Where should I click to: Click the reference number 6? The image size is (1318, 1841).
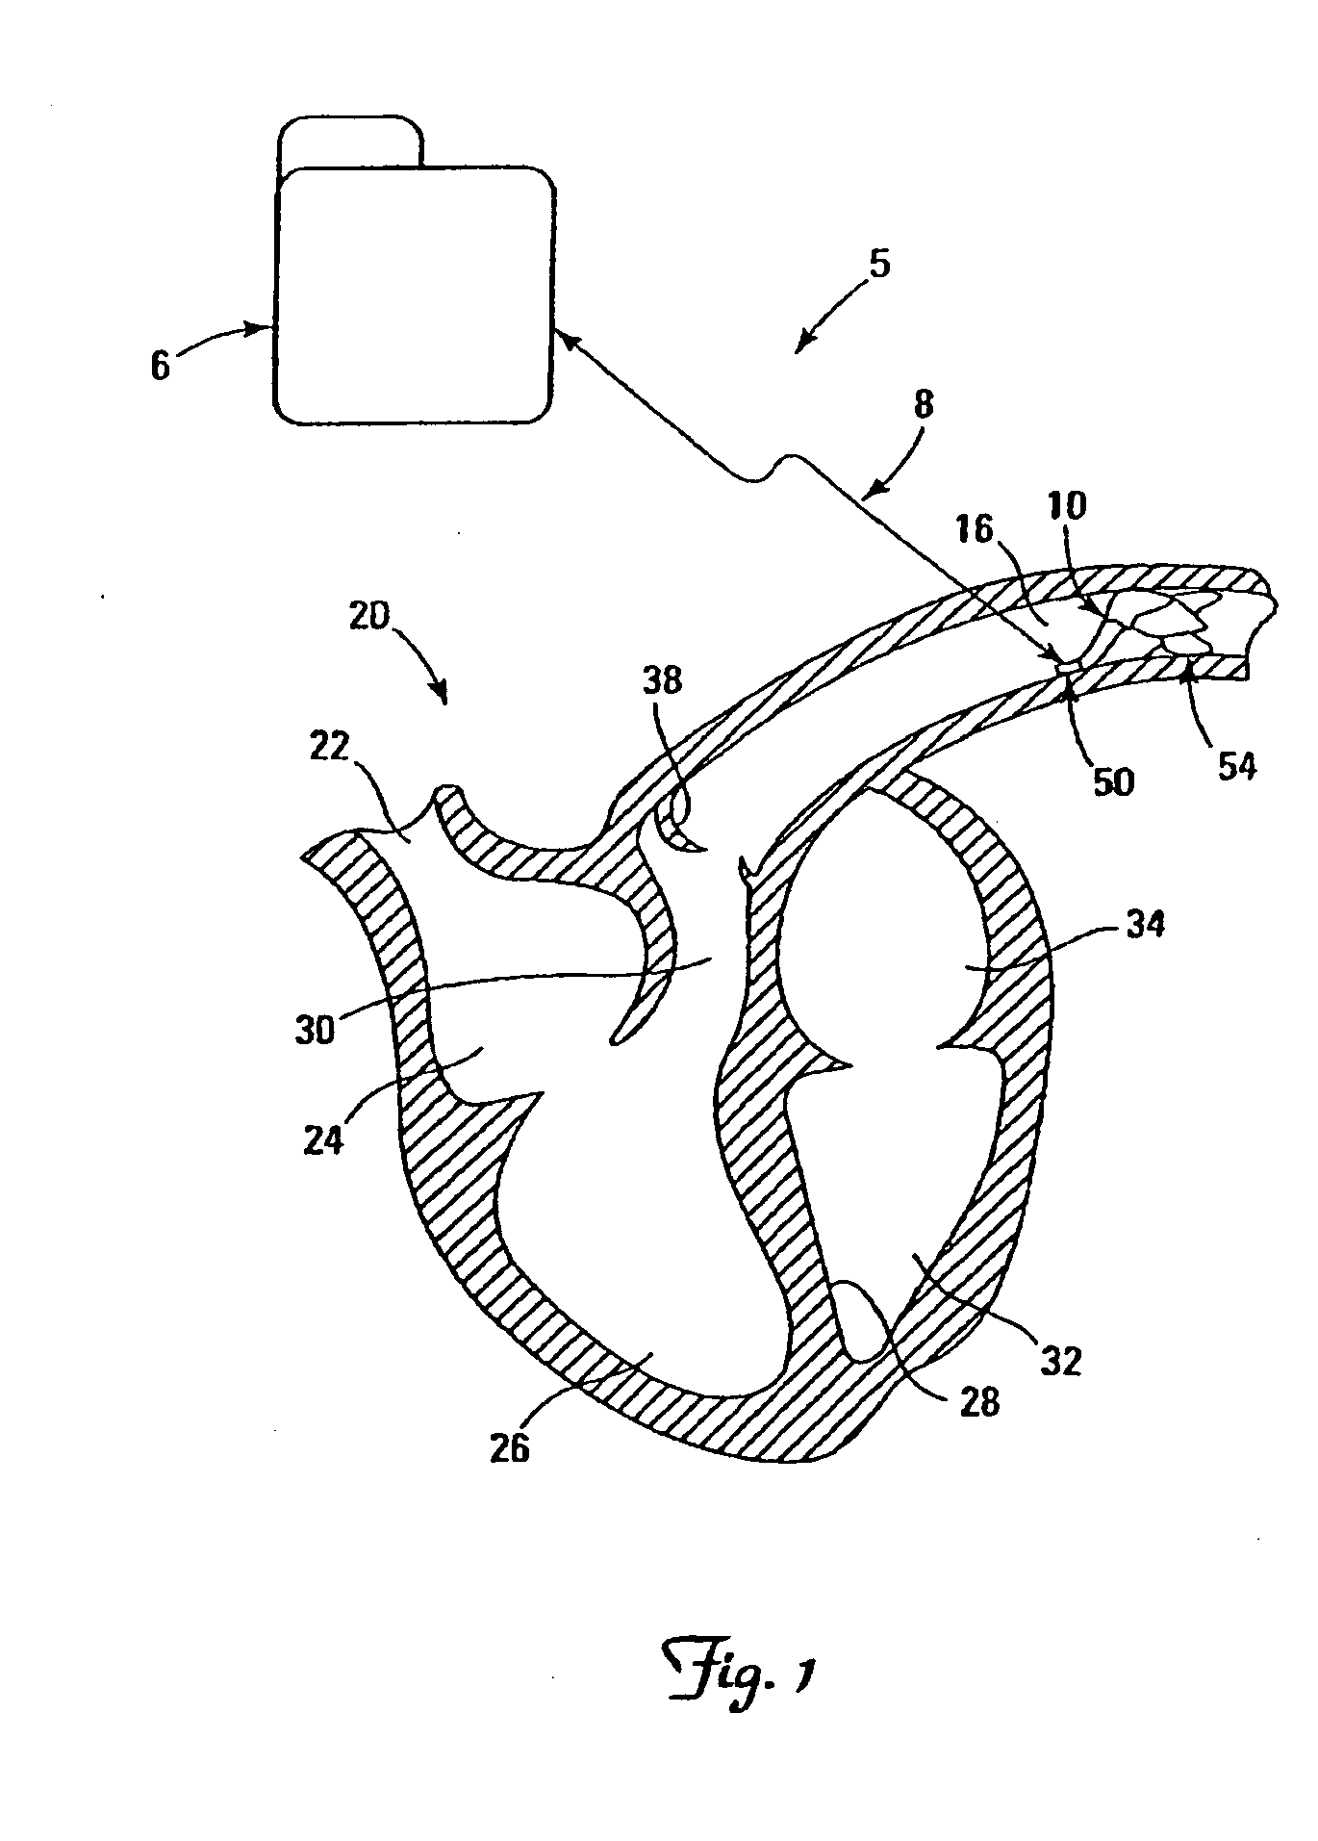tap(160, 366)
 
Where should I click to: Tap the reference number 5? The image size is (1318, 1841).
tap(879, 264)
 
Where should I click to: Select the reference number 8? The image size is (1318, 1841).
tap(922, 405)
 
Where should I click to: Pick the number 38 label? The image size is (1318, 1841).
tap(662, 680)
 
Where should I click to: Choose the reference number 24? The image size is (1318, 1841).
tap(324, 1142)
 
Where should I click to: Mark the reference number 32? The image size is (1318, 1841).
tap(1061, 1360)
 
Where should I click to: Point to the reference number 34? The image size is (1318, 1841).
tap(1144, 926)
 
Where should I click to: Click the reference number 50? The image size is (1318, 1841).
tap(1114, 780)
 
